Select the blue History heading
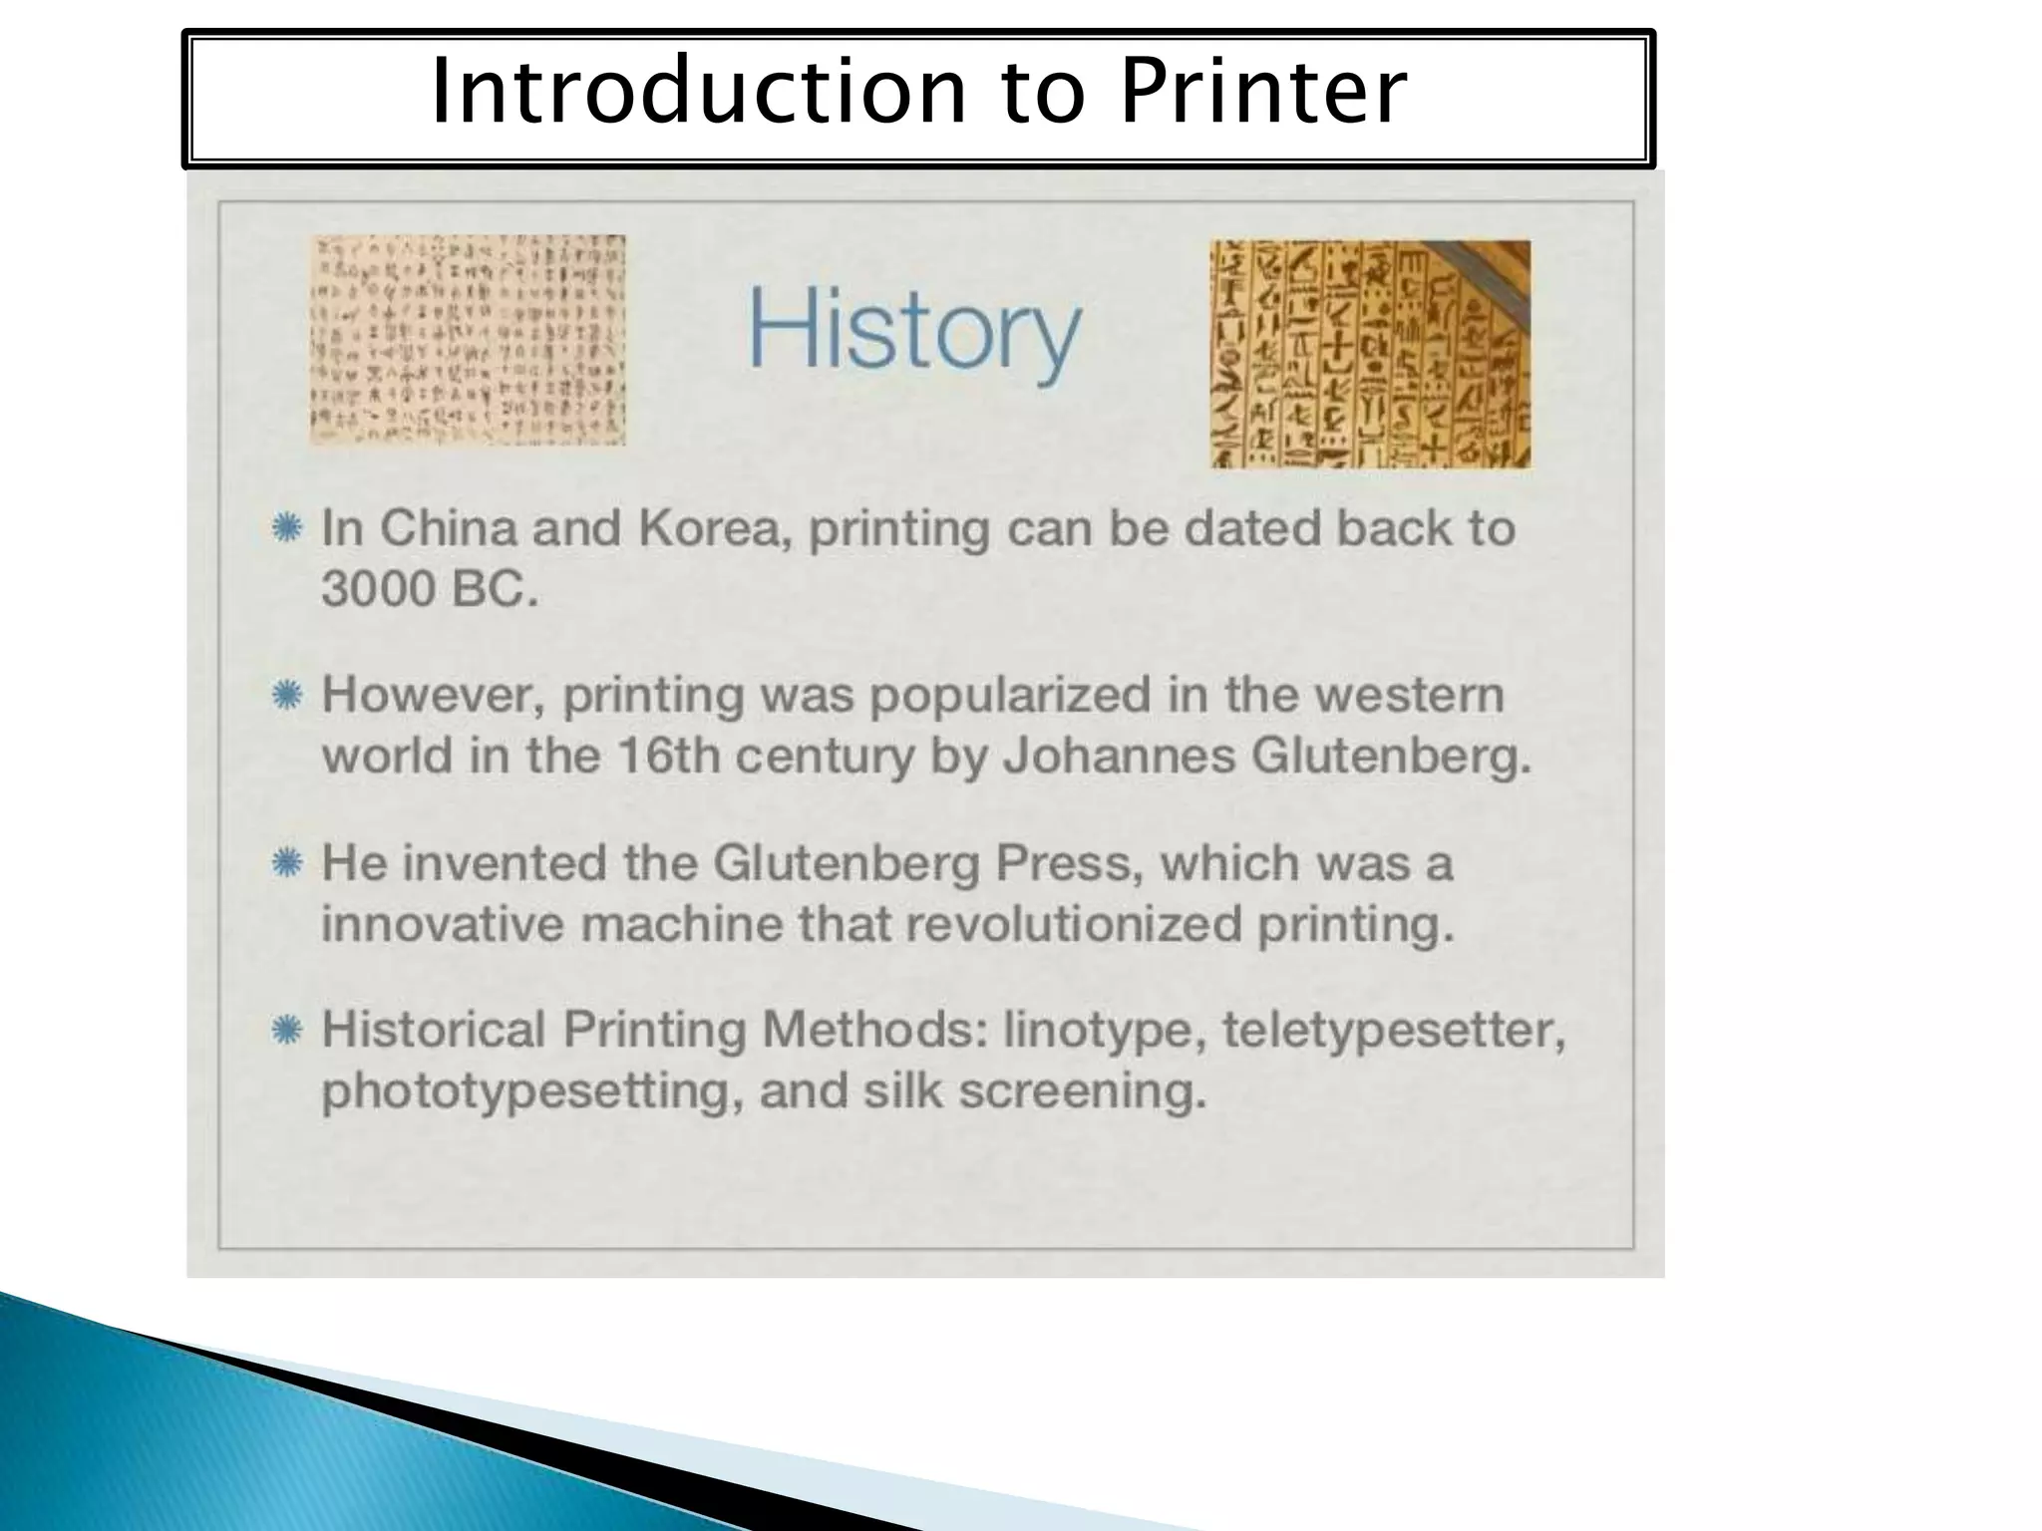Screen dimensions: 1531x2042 coord(914,329)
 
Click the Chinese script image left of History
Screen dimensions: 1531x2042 coord(468,340)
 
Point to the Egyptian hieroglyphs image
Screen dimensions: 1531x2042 coord(1370,354)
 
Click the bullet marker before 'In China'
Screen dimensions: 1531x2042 coord(287,527)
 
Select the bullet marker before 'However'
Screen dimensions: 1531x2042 coord(287,694)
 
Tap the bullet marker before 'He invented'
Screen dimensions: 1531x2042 coord(287,862)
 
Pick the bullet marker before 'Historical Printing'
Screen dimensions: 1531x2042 coord(287,1029)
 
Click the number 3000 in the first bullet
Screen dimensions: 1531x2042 coord(379,588)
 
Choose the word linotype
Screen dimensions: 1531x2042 coord(1098,1031)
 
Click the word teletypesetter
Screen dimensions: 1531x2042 coord(1393,1031)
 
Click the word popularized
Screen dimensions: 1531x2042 coord(1010,696)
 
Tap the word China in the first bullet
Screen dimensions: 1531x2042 coord(448,527)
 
